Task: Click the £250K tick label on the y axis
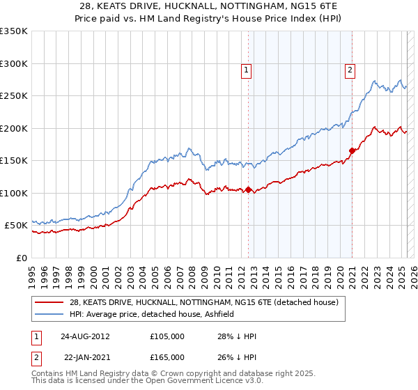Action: coord(13,95)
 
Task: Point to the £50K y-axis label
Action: coord(16,226)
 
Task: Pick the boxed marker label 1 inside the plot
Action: coord(247,70)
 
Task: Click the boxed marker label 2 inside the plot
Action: coord(349,70)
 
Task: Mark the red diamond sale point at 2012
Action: coord(248,189)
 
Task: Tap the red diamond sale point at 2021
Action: coord(353,150)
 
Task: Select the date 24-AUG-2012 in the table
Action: coord(86,336)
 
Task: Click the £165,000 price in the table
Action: coord(167,357)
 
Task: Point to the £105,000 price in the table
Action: coord(167,336)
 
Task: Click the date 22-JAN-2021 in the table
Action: coord(86,357)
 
